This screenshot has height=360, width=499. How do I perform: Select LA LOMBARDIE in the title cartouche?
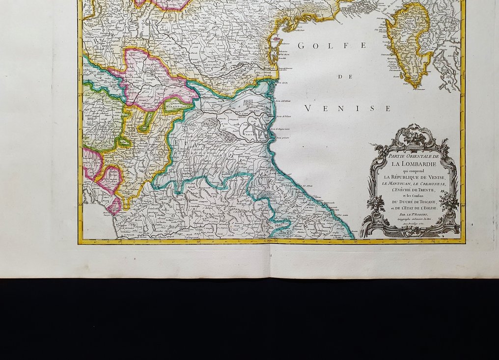[x=414, y=164]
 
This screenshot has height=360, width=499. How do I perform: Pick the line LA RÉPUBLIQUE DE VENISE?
[x=414, y=177]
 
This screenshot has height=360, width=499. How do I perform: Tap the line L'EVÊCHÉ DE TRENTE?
[x=414, y=190]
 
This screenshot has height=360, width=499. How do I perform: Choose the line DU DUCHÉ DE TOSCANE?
[x=414, y=202]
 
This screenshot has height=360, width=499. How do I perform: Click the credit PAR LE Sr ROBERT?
[x=414, y=215]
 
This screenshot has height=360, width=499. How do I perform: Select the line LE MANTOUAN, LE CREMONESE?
[x=414, y=183]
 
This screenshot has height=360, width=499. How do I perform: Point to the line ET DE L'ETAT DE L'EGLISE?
[x=414, y=209]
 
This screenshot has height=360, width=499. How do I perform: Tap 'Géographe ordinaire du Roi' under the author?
[x=414, y=220]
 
